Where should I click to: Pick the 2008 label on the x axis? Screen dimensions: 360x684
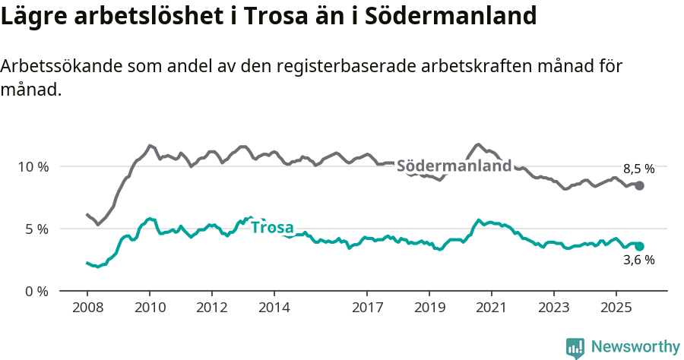click(x=87, y=308)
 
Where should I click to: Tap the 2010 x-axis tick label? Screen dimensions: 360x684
click(x=150, y=308)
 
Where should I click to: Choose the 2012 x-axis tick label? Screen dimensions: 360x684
click(x=212, y=308)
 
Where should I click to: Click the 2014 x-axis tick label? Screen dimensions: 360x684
click(x=274, y=308)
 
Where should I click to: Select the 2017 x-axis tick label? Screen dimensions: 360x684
click(x=367, y=308)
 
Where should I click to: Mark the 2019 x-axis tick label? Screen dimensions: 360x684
click(x=429, y=308)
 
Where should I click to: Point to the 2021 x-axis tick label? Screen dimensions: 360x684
click(x=492, y=308)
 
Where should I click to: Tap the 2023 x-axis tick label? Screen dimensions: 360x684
click(x=554, y=308)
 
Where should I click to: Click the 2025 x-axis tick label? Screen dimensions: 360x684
click(x=616, y=308)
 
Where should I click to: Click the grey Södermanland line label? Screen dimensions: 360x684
click(x=454, y=166)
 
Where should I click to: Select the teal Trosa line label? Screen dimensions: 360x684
click(x=272, y=227)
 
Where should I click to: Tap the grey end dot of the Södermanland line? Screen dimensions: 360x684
click(x=640, y=185)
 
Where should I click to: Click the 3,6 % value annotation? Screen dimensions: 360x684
click(x=638, y=260)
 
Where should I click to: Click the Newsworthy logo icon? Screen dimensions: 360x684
click(x=575, y=348)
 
